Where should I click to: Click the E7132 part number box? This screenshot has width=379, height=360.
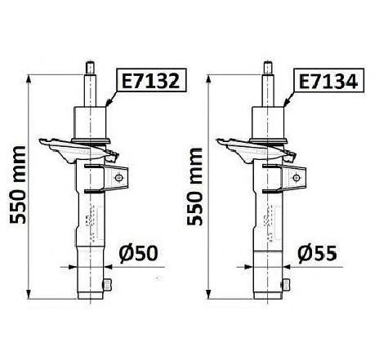(x=151, y=81)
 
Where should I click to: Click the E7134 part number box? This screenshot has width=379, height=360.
(x=328, y=81)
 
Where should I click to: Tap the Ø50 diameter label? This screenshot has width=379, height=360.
(x=138, y=254)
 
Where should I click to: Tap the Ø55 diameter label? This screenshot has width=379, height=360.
(x=317, y=254)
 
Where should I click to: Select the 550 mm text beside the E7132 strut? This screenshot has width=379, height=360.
(x=18, y=185)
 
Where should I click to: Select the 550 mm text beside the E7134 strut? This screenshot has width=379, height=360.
(x=195, y=186)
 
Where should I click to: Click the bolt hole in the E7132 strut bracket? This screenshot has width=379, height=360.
(x=118, y=178)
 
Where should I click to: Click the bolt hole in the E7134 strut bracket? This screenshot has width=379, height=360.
(x=297, y=178)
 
